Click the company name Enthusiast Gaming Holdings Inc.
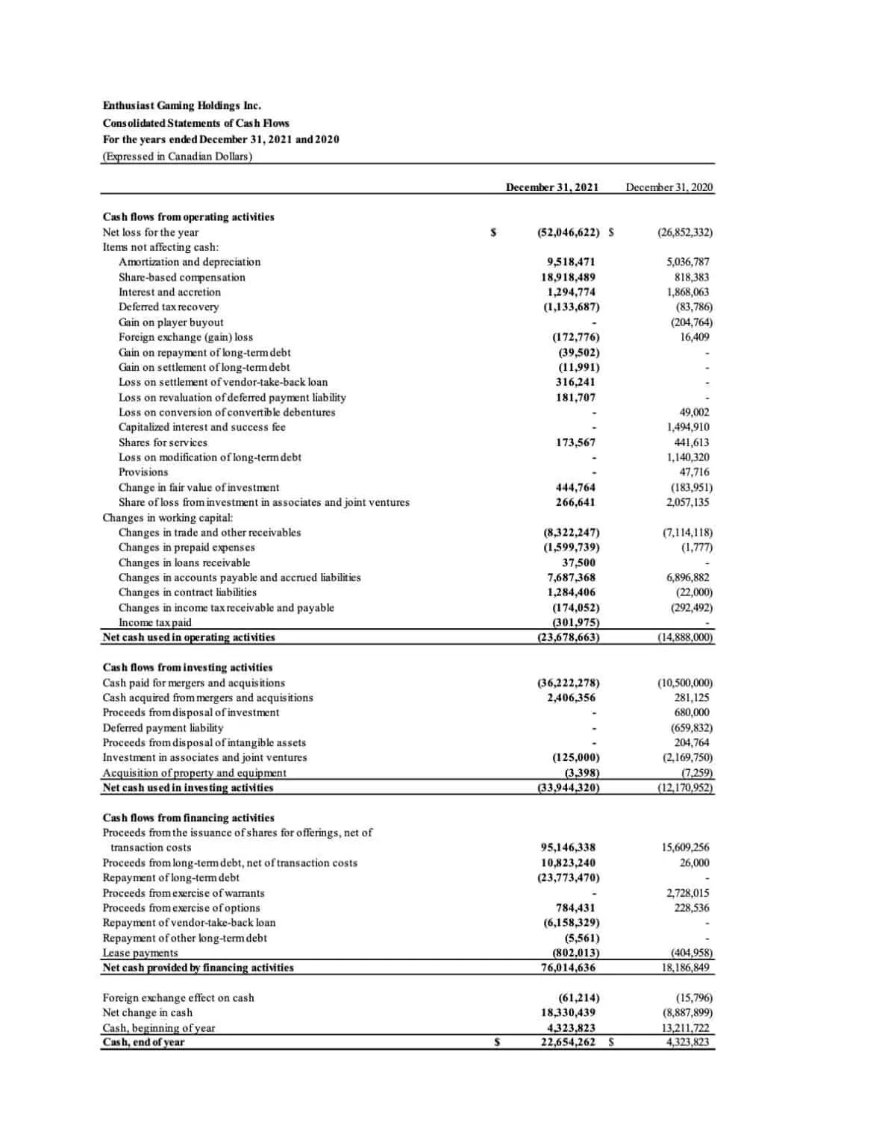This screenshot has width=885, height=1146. pos(182,106)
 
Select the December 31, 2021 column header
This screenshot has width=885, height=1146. pos(551,187)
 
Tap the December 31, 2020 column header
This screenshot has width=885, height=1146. pos(669,187)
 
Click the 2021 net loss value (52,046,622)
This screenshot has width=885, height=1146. pos(568,232)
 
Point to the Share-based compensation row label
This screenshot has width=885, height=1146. pos(181,277)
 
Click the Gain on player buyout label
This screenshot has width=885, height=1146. pos(171,322)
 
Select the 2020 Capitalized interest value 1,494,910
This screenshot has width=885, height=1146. pos(687,427)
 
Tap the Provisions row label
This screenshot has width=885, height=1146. pos(143,472)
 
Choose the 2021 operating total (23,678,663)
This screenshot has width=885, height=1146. pos(568,637)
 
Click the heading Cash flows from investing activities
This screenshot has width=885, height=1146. pos(187,667)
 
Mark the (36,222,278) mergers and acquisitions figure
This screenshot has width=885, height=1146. pos(568,683)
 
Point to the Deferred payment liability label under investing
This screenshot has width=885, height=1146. pos(163,727)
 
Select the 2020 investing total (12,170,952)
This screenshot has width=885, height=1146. pos(684,787)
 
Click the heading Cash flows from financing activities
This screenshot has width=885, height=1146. pos(188,818)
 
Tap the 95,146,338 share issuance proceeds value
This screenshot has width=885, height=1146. pos(568,848)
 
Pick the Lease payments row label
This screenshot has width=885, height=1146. pos(140,953)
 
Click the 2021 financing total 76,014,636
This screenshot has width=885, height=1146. pos(568,968)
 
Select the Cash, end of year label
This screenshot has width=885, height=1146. pos(143,1042)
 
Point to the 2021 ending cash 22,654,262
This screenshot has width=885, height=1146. pos(568,1042)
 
